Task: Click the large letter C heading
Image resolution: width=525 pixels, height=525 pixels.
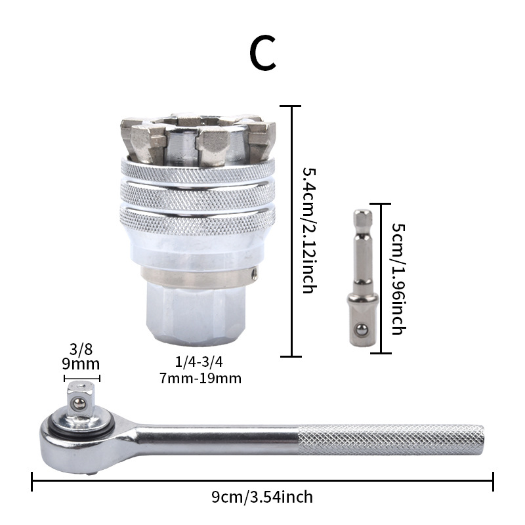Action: (263, 52)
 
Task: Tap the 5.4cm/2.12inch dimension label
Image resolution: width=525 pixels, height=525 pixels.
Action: (309, 231)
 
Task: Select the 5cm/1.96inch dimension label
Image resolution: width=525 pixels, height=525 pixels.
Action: (399, 279)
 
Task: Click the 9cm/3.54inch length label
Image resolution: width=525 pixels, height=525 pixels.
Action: (262, 497)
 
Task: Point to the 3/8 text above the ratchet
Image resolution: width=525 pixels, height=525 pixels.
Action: (81, 349)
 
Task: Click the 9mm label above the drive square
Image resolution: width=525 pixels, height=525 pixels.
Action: (81, 364)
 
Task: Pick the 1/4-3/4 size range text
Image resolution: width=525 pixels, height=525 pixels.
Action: (199, 362)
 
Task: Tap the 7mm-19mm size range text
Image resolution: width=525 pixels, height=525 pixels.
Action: (200, 379)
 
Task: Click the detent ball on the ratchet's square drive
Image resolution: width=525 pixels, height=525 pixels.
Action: (79, 404)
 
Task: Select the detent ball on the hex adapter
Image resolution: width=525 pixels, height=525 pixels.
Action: (362, 330)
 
